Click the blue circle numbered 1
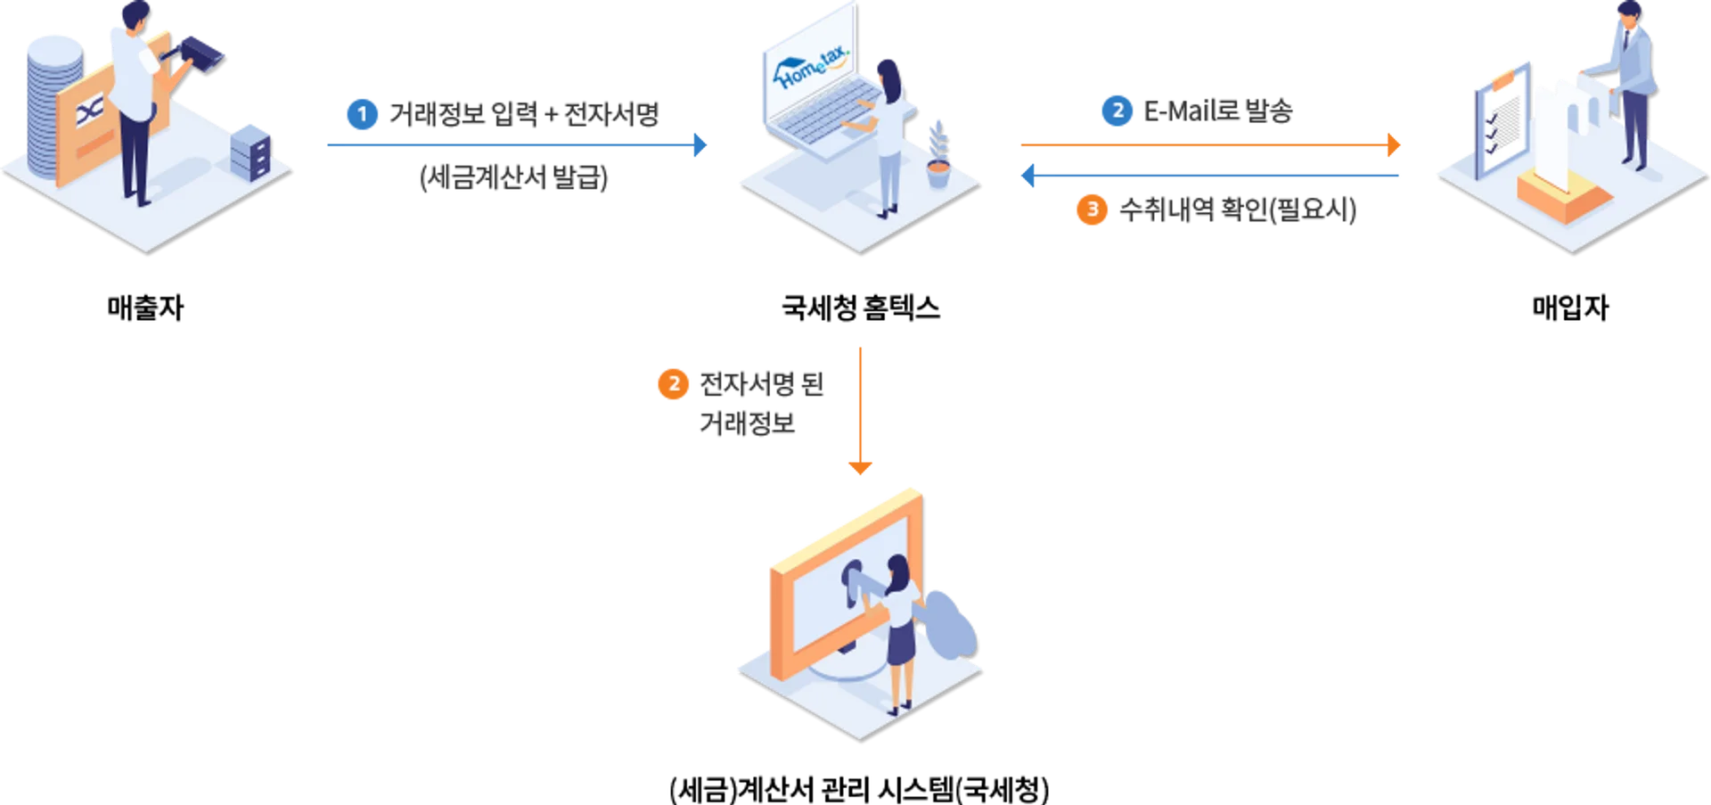tap(362, 114)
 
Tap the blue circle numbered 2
tap(1116, 111)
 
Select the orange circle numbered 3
tap(1092, 209)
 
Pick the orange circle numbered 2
tap(673, 384)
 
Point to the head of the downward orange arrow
tap(860, 466)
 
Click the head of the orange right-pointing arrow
tap(1394, 144)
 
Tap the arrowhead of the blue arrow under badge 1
tap(700, 144)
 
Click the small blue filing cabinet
tap(250, 150)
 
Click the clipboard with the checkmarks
tap(1501, 119)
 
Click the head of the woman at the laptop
tap(888, 71)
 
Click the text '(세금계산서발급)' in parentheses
tap(515, 177)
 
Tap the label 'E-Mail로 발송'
tap(1216, 111)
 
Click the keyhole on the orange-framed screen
tap(852, 579)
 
